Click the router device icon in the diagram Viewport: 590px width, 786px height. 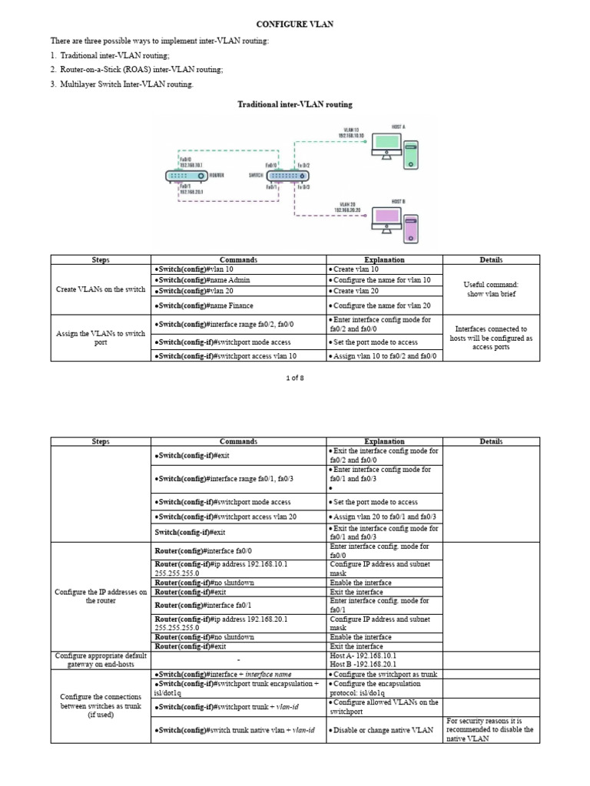click(185, 176)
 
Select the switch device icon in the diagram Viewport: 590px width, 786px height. click(285, 176)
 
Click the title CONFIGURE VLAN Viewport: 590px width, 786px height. click(295, 25)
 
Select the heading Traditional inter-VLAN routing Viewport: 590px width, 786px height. click(295, 104)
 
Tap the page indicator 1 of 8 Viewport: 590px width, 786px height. click(294, 377)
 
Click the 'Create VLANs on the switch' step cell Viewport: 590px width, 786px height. click(101, 289)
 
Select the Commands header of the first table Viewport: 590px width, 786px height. click(238, 260)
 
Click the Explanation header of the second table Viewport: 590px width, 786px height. click(384, 441)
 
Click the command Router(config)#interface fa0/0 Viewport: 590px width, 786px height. click(198, 550)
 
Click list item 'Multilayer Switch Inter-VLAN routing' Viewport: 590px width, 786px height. click(127, 84)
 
